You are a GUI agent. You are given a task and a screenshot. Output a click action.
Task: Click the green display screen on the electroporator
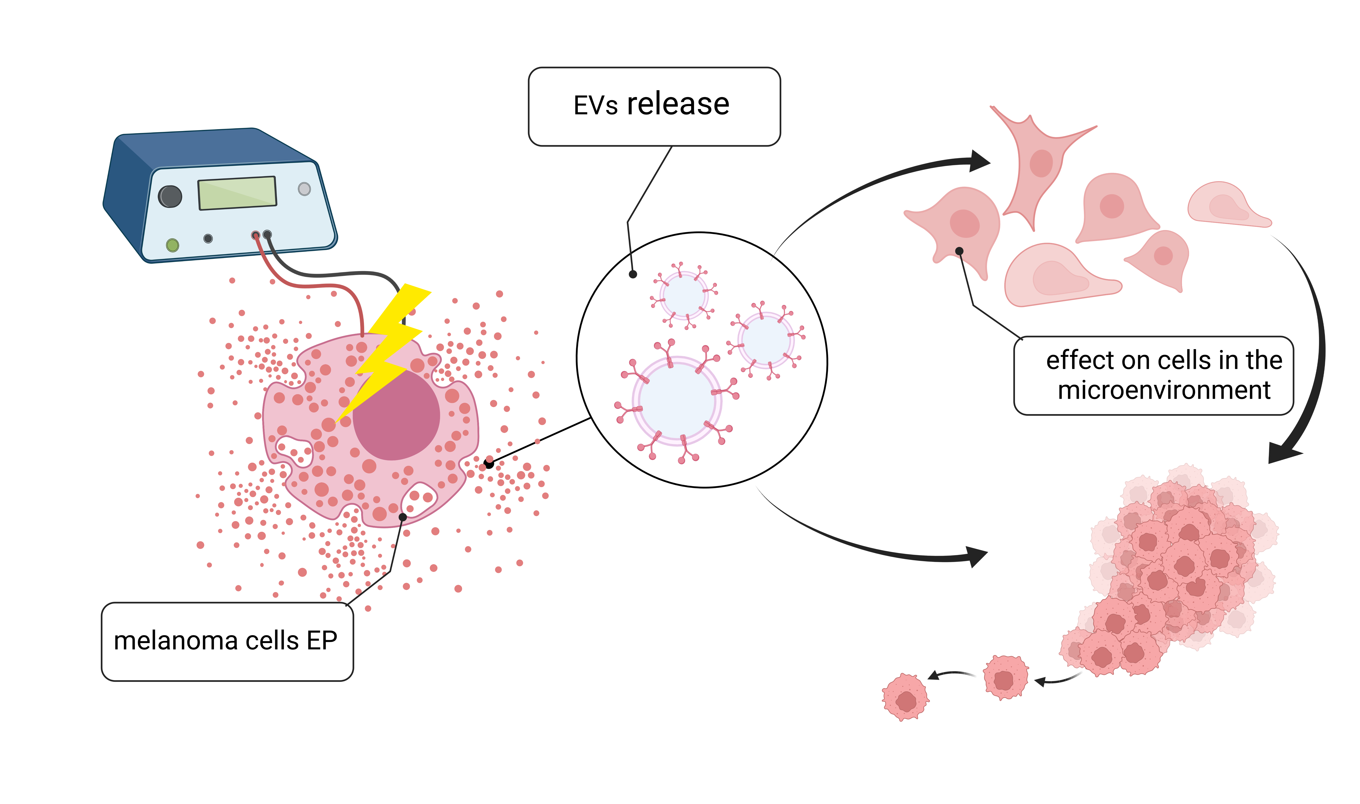237,193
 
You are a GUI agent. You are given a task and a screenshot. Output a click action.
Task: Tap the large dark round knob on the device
170,196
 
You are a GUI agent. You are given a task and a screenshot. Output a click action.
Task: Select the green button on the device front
172,245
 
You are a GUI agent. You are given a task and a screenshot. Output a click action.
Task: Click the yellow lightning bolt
389,347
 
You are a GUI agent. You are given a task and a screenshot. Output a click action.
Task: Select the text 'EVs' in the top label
595,105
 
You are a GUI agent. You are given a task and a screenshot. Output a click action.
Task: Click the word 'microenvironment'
1164,390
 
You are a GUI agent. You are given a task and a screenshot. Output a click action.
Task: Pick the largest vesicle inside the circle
677,401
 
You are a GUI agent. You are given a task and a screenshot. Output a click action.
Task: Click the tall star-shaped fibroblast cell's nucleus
1041,163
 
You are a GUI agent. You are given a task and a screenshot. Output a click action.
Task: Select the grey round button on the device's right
304,189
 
